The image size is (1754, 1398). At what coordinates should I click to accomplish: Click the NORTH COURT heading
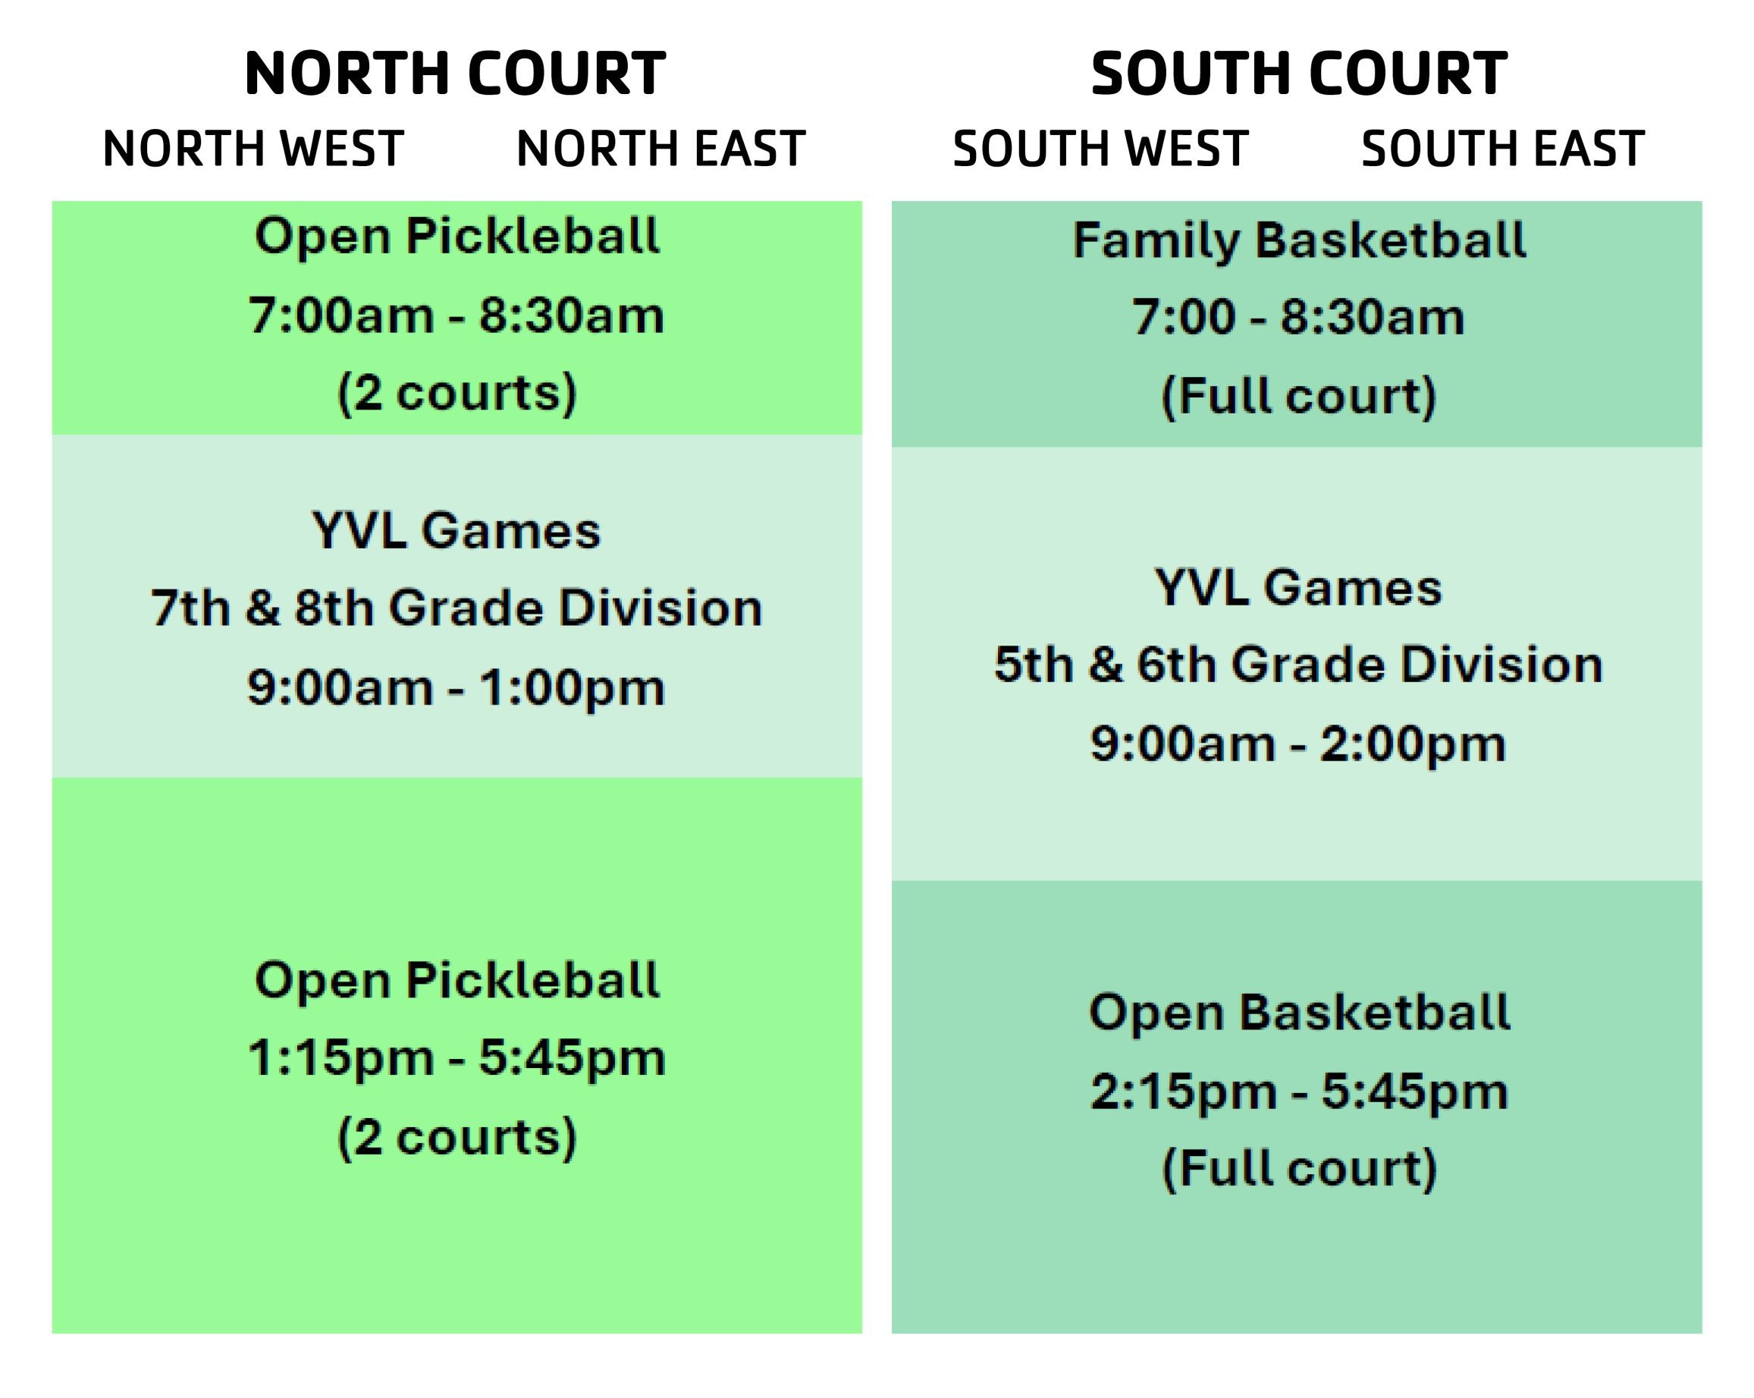pyautogui.click(x=456, y=74)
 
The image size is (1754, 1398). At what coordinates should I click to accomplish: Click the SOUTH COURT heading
pyautogui.click(x=1299, y=74)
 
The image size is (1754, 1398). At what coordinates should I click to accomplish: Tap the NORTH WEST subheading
pyautogui.click(x=253, y=149)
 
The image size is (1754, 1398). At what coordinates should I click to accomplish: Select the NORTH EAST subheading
pyautogui.click(x=660, y=149)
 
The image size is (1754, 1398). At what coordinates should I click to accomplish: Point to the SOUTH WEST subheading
pyautogui.click(x=1101, y=149)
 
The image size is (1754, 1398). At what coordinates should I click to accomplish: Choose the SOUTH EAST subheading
pyautogui.click(x=1502, y=149)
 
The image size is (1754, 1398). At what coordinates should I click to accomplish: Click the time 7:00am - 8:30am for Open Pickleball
pyautogui.click(x=457, y=316)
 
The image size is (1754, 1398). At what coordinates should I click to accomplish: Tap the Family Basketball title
pyautogui.click(x=1299, y=241)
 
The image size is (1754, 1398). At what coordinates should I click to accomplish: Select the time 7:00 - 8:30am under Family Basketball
pyautogui.click(x=1298, y=317)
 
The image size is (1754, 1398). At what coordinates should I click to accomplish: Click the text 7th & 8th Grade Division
pyautogui.click(x=457, y=608)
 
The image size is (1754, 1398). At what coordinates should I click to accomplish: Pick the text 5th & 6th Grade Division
pyautogui.click(x=1298, y=664)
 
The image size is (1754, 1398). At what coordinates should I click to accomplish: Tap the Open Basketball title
pyautogui.click(x=1300, y=1013)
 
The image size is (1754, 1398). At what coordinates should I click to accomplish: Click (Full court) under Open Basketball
pyautogui.click(x=1299, y=1170)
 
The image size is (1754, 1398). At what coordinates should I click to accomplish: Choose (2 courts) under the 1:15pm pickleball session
pyautogui.click(x=457, y=1138)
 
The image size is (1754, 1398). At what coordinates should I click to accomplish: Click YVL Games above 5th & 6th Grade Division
pyautogui.click(x=1298, y=588)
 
